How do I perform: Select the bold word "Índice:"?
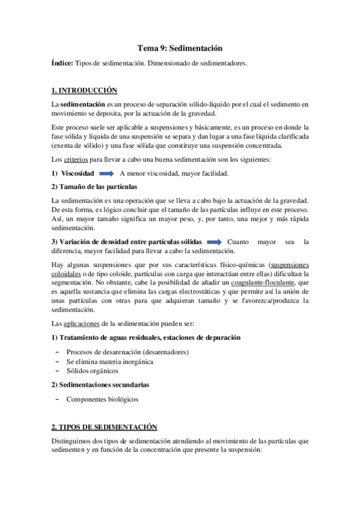tap(63, 63)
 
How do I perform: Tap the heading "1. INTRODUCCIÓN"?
tap(84, 90)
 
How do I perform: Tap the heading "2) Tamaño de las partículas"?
tap(94, 186)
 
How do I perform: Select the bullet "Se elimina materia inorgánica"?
tap(110, 361)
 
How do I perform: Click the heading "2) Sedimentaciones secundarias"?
tap(100, 384)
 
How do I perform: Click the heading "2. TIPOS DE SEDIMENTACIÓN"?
tap(105, 426)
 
